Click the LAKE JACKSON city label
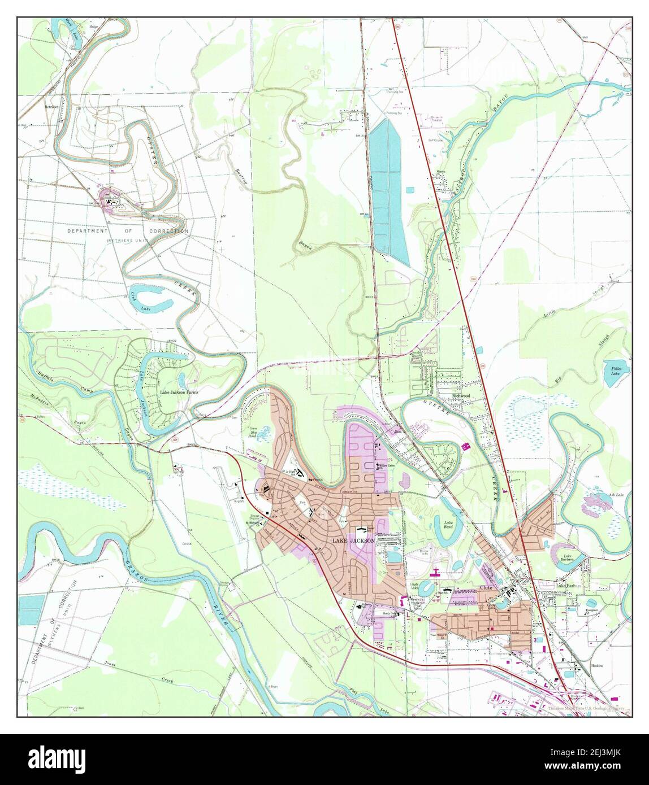(x=353, y=540)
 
